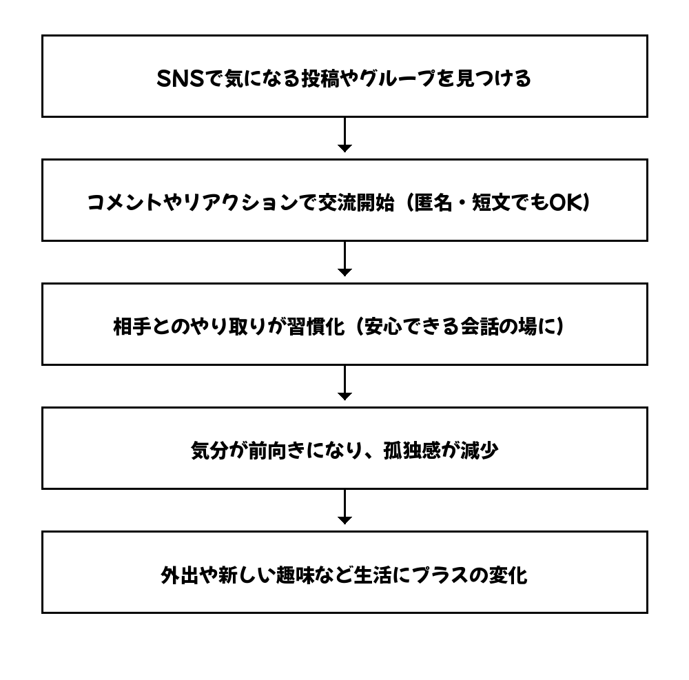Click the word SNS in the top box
point(181,79)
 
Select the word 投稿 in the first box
point(320,79)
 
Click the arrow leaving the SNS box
point(344,134)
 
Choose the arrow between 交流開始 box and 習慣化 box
point(344,258)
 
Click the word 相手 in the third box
point(132,327)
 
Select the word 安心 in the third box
point(383,327)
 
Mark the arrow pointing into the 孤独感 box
point(344,382)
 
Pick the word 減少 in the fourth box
point(480,451)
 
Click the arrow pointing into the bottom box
point(344,506)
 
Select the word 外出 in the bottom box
point(180,575)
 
